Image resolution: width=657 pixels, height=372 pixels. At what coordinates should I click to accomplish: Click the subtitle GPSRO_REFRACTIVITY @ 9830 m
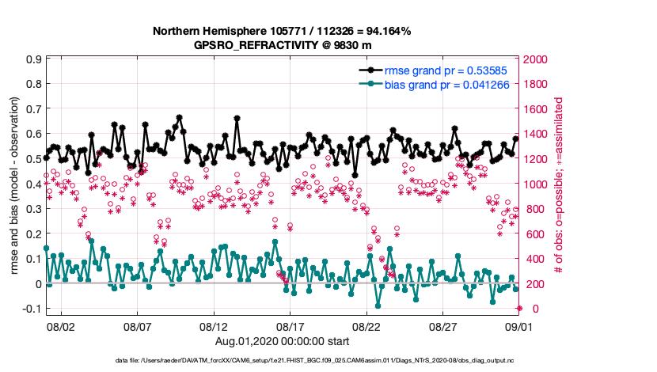tap(282, 45)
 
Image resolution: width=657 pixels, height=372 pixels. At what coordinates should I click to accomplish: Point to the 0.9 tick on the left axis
tap(33, 59)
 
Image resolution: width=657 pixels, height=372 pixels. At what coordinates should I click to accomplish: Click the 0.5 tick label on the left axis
tap(33, 159)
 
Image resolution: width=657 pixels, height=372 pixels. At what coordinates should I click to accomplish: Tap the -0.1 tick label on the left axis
tap(31, 309)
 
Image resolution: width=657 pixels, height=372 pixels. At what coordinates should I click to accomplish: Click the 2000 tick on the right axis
tap(536, 59)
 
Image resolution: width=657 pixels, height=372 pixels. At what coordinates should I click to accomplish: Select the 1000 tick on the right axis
tap(536, 184)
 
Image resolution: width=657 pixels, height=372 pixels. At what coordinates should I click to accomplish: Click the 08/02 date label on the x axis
tap(61, 326)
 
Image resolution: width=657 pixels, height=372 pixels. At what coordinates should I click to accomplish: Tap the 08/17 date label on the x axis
tap(291, 326)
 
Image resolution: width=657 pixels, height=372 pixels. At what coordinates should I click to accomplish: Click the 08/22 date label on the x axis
tap(367, 326)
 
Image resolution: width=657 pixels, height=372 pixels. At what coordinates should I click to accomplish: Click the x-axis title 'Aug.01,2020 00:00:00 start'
tap(282, 341)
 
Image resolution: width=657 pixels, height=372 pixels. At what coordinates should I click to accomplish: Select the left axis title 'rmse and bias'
tap(15, 186)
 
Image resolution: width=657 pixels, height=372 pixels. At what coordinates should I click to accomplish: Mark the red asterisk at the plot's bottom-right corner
tap(519, 309)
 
